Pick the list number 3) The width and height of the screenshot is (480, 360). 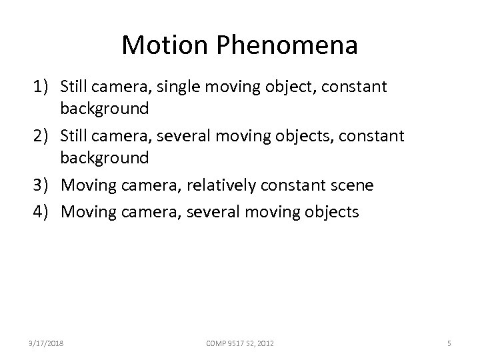point(43,185)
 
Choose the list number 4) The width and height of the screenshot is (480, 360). point(43,213)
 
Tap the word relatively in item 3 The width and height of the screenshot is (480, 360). point(218,185)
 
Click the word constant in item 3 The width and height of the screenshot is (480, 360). point(290,185)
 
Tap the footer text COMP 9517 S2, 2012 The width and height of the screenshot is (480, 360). point(239,343)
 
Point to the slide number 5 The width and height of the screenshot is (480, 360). point(449,343)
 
